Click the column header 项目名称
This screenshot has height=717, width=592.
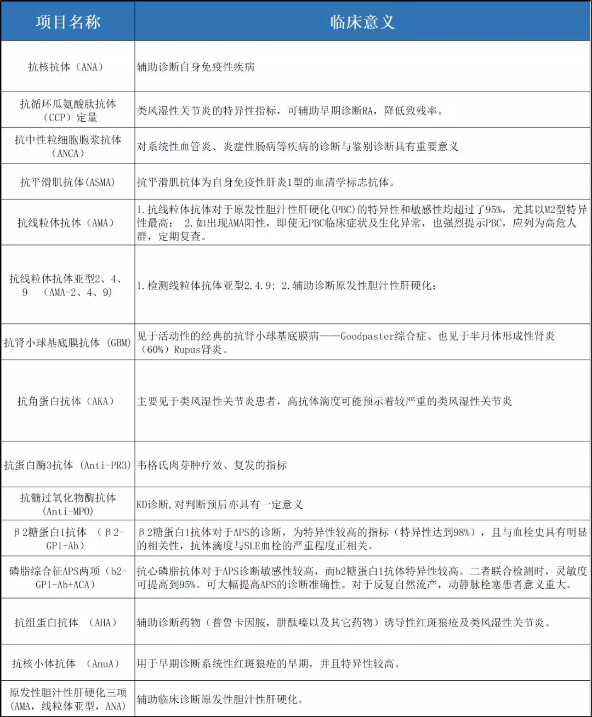68,22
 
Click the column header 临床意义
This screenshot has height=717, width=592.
362,22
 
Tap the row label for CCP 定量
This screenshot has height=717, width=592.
67,110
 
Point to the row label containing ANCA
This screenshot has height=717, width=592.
67,146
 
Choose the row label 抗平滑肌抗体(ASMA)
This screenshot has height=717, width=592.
67,182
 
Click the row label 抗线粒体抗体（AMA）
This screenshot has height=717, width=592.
67,223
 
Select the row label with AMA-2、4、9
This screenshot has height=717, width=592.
67,285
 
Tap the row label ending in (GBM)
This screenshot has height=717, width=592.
67,343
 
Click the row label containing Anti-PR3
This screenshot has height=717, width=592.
67,465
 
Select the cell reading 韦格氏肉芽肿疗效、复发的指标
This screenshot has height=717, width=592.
212,465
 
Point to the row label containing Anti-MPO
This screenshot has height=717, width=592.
67,504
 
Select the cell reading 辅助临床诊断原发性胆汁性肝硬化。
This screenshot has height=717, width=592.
220,699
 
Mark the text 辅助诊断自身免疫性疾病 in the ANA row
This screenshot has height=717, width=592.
196,67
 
